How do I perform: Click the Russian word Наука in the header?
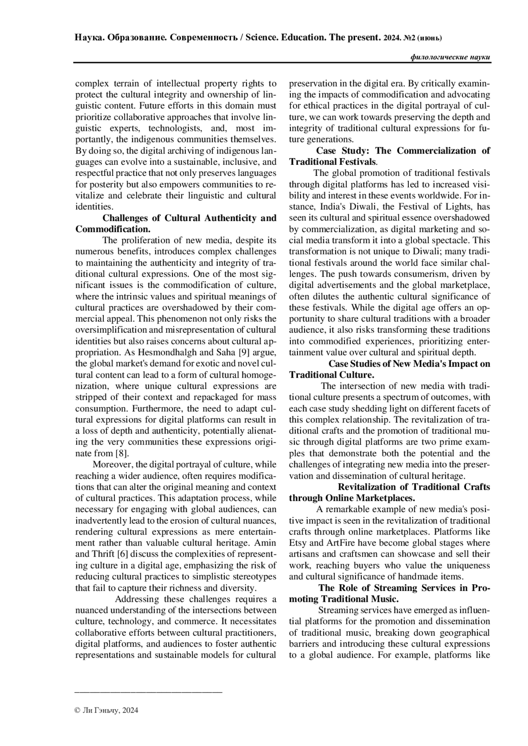click(x=88, y=38)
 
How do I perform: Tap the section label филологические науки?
click(x=450, y=58)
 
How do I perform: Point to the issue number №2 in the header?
click(x=409, y=38)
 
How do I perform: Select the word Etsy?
click(x=298, y=543)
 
